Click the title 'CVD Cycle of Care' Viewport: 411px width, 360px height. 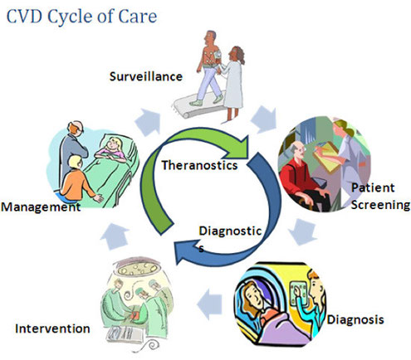pyautogui.click(x=81, y=17)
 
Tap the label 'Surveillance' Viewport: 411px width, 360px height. pyautogui.click(x=146, y=76)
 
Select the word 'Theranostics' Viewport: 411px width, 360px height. pyautogui.click(x=199, y=165)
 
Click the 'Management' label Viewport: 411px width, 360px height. pyautogui.click(x=41, y=207)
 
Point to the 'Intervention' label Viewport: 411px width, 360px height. pyautogui.click(x=52, y=328)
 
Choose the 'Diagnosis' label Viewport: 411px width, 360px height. pyautogui.click(x=355, y=320)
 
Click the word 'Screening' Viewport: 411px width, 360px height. pyautogui.click(x=380, y=205)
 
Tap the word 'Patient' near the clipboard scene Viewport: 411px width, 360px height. pyautogui.click(x=373, y=188)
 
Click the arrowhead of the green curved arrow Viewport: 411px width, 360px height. pyautogui.click(x=240, y=147)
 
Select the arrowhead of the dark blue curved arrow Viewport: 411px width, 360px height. pyautogui.click(x=185, y=251)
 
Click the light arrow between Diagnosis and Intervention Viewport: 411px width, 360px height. pyautogui.click(x=209, y=304)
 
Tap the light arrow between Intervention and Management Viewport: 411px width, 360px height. pyautogui.click(x=115, y=236)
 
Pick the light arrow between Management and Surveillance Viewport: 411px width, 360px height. pyautogui.click(x=148, y=122)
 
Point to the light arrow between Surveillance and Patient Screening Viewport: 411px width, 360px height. pyautogui.click(x=265, y=119)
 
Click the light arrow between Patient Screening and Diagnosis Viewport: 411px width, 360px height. pyautogui.click(x=302, y=231)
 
